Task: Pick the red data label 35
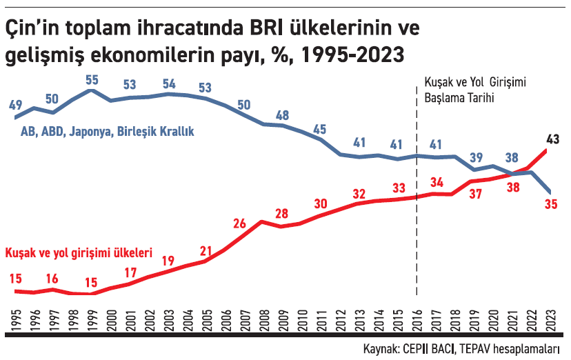pyautogui.click(x=550, y=205)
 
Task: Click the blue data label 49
pyautogui.click(x=15, y=105)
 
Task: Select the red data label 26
pyautogui.click(x=239, y=223)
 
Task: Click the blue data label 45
pyautogui.click(x=319, y=130)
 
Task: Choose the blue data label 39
pyautogui.click(x=476, y=157)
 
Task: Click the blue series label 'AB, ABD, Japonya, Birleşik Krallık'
pyautogui.click(x=108, y=131)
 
